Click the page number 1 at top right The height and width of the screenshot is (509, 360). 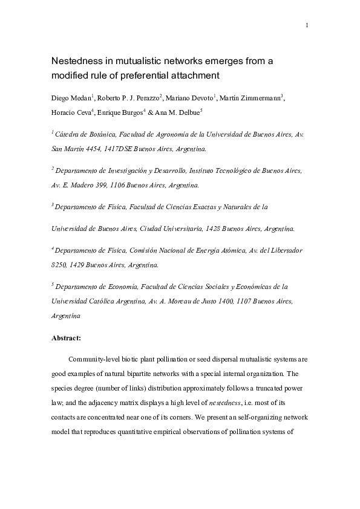[307, 25]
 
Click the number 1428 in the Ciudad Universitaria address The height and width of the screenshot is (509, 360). [211, 229]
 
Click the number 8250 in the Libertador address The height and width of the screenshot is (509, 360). [60, 265]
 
